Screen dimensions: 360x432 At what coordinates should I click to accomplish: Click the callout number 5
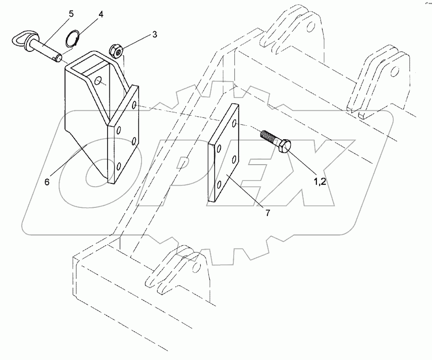point(71,13)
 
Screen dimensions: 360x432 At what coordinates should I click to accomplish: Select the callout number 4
point(100,15)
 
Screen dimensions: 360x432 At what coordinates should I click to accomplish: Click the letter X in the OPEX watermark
point(307,168)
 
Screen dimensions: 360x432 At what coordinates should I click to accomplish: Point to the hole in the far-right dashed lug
point(395,71)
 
